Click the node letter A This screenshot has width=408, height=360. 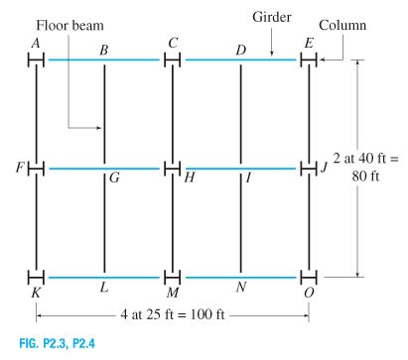click(x=37, y=43)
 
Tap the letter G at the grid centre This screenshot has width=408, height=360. click(x=113, y=179)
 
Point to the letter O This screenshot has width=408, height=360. click(x=310, y=288)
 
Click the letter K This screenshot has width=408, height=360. click(x=37, y=288)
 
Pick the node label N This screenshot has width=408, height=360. click(x=241, y=287)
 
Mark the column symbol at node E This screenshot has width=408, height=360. click(x=309, y=60)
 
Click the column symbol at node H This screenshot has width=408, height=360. click(x=172, y=168)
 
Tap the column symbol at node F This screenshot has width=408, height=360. click(x=36, y=168)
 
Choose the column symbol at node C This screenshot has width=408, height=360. click(x=172, y=60)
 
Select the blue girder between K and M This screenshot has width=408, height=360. click(x=104, y=275)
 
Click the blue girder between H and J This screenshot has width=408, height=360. click(x=241, y=168)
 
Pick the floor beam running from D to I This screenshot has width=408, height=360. click(x=241, y=114)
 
